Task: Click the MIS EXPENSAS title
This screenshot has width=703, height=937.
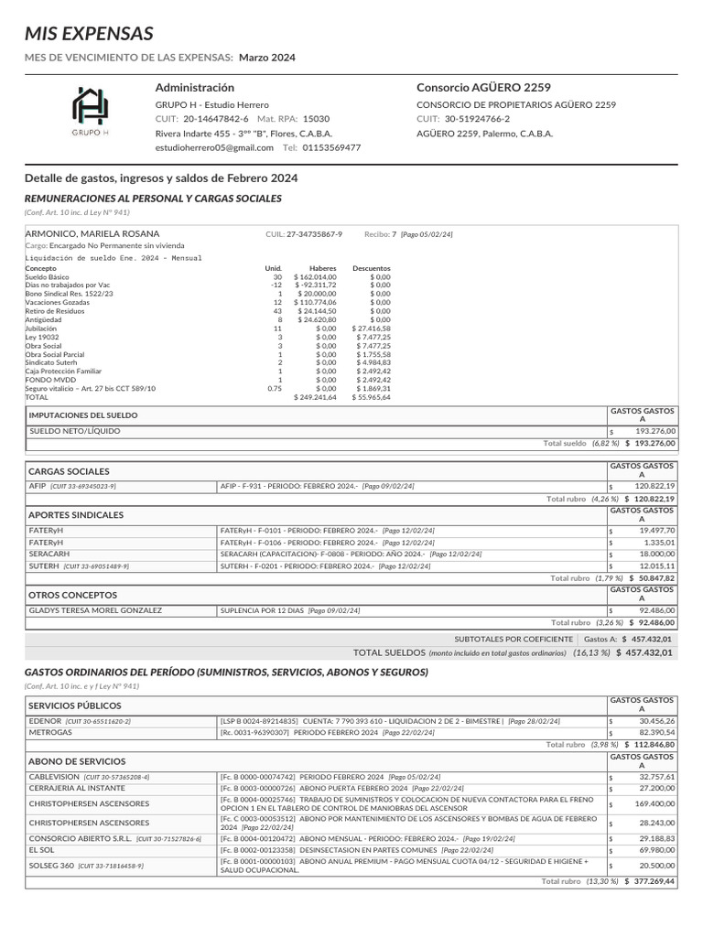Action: tap(89, 35)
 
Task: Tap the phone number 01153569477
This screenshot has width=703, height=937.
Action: tap(331, 147)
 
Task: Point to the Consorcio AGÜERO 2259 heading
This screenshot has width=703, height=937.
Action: tap(483, 88)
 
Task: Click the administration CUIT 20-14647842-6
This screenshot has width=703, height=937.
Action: tap(216, 119)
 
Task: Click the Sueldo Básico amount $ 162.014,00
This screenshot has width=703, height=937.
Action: tap(315, 276)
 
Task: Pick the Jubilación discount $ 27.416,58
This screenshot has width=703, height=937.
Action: tap(371, 328)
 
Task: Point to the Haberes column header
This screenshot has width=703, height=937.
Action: tap(323, 268)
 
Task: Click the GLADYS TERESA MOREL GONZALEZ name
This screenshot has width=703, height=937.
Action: tap(95, 610)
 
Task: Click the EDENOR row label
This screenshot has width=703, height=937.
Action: tap(46, 721)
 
